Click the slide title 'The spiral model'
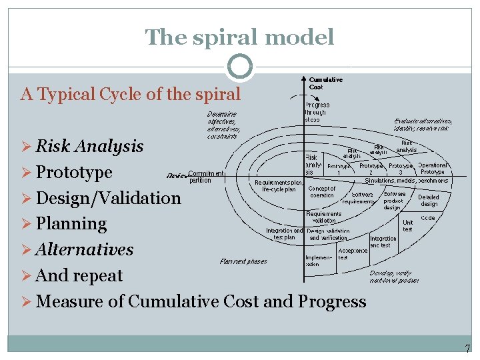240,37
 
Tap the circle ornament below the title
240,67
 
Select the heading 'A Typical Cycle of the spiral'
131,94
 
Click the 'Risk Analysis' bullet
89,146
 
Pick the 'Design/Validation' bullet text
108,198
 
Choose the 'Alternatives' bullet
84,250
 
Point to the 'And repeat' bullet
79,275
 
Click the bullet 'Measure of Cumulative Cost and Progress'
201,301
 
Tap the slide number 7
467,349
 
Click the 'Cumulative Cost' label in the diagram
326,83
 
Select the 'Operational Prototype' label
433,169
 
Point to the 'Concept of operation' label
322,191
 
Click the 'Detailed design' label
429,201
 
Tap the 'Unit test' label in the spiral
407,226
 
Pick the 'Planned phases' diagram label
243,261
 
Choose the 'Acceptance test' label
353,254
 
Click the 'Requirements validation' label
324,217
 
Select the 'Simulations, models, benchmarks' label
406,180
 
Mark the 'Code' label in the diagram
428,218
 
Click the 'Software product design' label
393,201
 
